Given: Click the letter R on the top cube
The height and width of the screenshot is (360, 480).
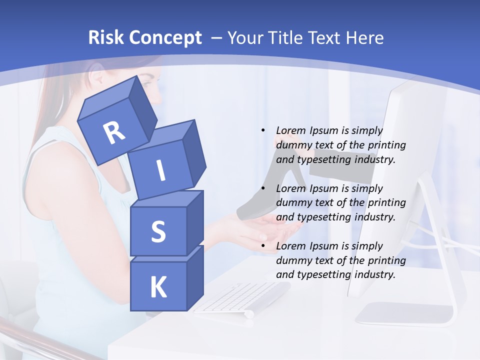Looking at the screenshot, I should click(x=114, y=133).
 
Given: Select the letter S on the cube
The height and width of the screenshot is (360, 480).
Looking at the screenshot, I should click(x=158, y=232).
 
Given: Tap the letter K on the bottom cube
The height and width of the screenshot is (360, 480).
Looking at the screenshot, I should click(x=158, y=287).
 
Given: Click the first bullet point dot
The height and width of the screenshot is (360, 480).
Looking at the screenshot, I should click(x=263, y=131).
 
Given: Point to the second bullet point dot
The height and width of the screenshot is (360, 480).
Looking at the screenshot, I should click(x=263, y=189).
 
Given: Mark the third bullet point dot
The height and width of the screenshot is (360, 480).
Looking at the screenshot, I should click(x=263, y=246).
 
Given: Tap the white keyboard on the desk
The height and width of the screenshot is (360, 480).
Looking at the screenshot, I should click(x=240, y=297).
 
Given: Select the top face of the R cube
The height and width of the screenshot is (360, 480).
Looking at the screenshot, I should click(x=107, y=103).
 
